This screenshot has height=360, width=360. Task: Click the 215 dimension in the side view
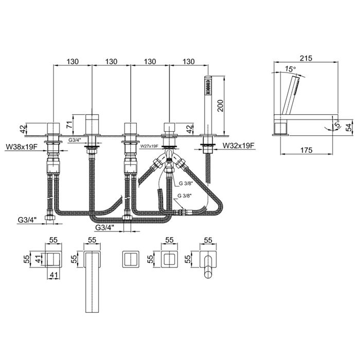(x=307, y=58)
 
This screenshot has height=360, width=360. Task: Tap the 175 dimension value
(x=307, y=150)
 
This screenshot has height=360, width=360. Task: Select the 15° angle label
(x=291, y=68)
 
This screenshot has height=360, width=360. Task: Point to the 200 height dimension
(x=220, y=105)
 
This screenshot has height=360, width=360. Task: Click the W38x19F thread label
(x=22, y=147)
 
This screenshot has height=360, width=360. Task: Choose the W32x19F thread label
(x=239, y=146)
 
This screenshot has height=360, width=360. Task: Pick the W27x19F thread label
(x=149, y=146)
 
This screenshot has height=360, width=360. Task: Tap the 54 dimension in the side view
(x=349, y=128)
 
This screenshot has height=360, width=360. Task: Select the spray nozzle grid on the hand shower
(x=208, y=87)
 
